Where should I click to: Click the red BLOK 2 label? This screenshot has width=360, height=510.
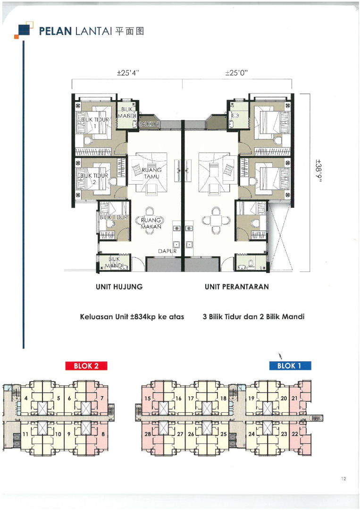point(86,366)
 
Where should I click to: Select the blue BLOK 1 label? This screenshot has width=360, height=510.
point(290,366)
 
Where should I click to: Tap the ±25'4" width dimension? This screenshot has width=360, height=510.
point(128,73)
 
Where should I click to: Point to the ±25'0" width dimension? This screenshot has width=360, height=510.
point(237,73)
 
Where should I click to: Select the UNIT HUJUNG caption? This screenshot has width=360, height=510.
point(119,287)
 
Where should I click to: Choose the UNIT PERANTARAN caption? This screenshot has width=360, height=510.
point(237,287)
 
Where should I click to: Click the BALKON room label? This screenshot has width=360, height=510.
point(149,124)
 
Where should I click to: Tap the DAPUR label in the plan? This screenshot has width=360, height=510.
point(167,251)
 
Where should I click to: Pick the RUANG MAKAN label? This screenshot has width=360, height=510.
point(151,223)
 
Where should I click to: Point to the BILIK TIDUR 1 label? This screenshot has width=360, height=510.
point(95,123)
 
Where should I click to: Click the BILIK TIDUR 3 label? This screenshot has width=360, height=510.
point(114,220)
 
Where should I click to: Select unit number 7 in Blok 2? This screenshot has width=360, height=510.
point(102,398)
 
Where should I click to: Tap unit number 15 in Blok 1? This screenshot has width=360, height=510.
point(148,398)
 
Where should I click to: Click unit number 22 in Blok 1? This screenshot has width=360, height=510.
point(295,434)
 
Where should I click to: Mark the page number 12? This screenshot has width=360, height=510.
point(344,478)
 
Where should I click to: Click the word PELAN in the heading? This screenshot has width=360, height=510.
point(55,31)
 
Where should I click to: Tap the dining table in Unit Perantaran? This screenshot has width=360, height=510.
point(216,220)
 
